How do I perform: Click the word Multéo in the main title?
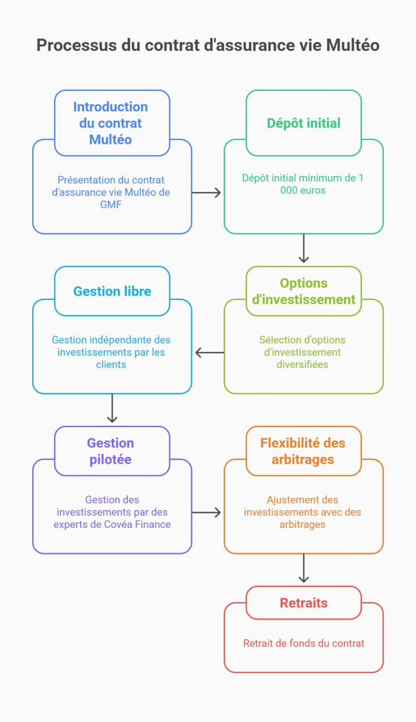coord(353,46)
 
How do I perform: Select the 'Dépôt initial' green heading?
coord(304,123)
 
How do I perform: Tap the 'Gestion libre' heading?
coord(112,291)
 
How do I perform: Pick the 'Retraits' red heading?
coord(304,603)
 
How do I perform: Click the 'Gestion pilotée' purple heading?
coord(111,451)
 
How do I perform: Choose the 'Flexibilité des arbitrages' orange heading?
coord(303,451)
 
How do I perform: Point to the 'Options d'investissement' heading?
coord(304,291)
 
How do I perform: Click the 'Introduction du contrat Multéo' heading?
coord(111,123)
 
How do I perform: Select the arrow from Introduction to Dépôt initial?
coord(207,192)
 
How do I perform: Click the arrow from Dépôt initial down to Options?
coord(304,249)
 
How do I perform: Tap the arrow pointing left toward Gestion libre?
coord(209,353)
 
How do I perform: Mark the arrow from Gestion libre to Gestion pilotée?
coord(112,408)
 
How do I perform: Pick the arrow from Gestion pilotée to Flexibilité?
coord(207,512)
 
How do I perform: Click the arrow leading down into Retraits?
coord(304,569)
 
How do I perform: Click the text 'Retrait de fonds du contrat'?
coord(304,643)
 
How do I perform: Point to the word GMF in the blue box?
coord(111,205)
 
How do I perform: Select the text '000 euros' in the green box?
coord(303,190)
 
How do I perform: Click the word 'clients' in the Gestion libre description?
coord(111,364)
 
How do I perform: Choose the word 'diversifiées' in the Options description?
coord(303,364)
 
